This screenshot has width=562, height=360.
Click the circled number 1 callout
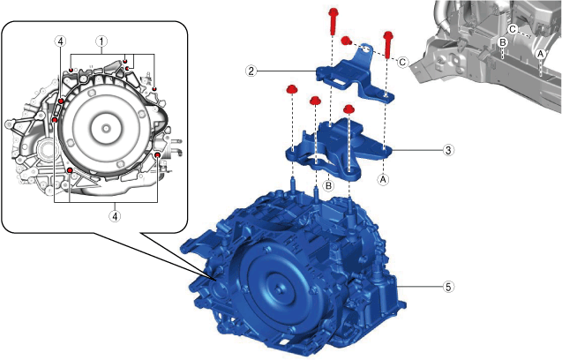pos(101,41)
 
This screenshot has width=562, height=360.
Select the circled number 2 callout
pos(251,71)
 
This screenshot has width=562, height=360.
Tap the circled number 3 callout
pos(448,150)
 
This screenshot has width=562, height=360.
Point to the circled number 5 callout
pos(448,287)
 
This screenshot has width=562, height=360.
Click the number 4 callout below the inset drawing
pos(115,216)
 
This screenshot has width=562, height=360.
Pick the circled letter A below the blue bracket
pos(383,179)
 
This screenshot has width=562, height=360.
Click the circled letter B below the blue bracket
pos(328,185)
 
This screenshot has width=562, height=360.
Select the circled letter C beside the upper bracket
pos(402,63)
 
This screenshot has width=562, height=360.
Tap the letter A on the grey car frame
pos(540,54)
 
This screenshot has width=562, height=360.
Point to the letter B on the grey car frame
pos(503,42)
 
